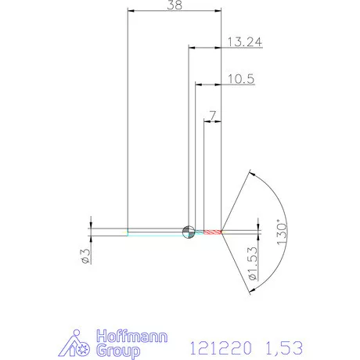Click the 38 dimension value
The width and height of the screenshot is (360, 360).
[175, 5]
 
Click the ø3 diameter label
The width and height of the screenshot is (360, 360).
[87, 254]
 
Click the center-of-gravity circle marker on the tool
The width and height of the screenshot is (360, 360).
[188, 231]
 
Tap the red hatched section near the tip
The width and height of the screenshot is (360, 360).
[211, 232]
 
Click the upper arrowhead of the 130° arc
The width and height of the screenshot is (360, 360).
[251, 174]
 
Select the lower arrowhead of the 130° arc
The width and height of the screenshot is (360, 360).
[251, 290]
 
